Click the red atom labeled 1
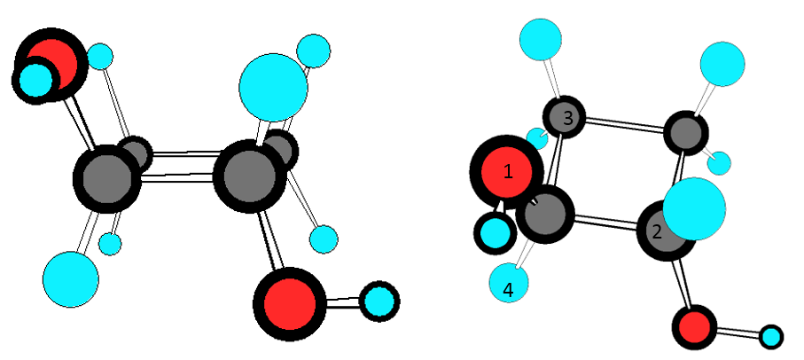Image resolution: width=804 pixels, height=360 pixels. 506,172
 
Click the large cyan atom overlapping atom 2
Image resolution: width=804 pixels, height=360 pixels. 694,209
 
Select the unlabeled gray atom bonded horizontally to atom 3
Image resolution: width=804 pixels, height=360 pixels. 685,133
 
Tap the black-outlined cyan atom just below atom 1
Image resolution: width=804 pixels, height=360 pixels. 494,233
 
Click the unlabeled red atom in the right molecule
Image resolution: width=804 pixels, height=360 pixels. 693,327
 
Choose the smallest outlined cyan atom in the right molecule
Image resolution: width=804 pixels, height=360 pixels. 771,337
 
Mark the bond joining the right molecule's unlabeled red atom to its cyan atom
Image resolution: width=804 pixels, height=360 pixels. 736,333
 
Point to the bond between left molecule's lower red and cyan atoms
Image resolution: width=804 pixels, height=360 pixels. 340,302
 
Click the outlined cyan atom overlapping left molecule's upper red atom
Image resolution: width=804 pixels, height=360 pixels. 37,79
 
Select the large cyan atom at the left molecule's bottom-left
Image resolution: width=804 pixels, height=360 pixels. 71,279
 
